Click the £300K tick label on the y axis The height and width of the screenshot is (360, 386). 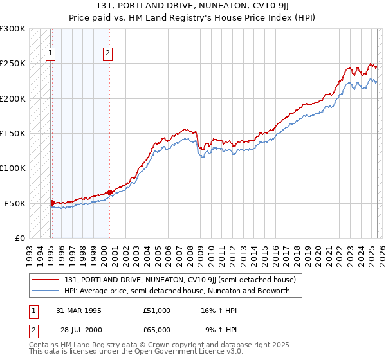[x=13, y=29]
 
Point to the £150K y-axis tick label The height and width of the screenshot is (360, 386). [x=13, y=133]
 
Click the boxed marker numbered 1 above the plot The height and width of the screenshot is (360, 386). [x=50, y=53]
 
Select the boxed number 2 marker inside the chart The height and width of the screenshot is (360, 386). [x=107, y=53]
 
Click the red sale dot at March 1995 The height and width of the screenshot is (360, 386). [x=52, y=202]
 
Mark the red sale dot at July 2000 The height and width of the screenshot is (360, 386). [x=109, y=192]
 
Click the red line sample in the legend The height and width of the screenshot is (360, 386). [x=46, y=280]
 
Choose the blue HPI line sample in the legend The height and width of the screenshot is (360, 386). [x=46, y=291]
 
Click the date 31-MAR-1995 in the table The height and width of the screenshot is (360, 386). [x=79, y=310]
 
